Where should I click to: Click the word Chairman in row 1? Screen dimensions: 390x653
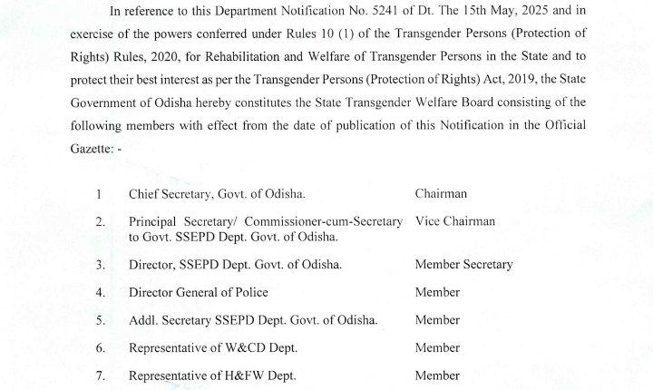(443, 194)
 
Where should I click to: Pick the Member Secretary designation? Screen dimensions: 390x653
(463, 265)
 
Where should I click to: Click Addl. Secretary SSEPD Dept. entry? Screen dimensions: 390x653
(240, 320)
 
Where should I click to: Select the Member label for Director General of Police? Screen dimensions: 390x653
(437, 293)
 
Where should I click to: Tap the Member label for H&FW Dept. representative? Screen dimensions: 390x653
(437, 375)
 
